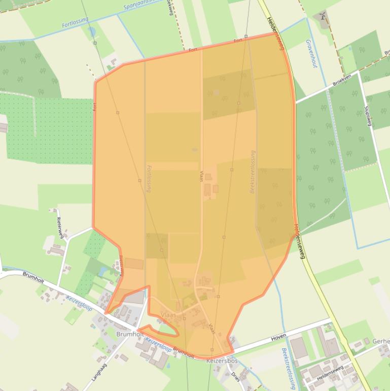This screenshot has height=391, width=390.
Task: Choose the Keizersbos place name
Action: pyautogui.click(x=222, y=361)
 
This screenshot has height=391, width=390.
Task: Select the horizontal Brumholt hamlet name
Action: pyautogui.click(x=129, y=334)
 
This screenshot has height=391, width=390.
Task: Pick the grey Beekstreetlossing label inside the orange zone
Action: pyautogui.click(x=253, y=172)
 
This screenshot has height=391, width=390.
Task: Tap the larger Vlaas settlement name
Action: pyautogui.click(x=168, y=315)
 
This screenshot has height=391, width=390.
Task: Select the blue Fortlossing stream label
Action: pyautogui.click(x=75, y=22)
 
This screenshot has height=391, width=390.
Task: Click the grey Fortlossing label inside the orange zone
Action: pyautogui.click(x=149, y=178)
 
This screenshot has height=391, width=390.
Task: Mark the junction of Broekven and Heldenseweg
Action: pyautogui.click(x=296, y=102)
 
